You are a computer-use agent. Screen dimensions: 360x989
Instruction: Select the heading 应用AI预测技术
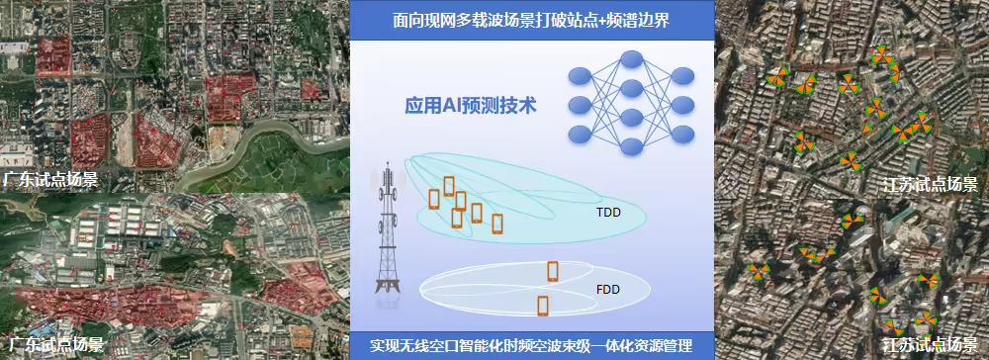471,106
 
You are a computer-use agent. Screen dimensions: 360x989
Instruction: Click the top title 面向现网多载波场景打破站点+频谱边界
532,20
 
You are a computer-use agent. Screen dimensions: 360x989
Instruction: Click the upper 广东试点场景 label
50,180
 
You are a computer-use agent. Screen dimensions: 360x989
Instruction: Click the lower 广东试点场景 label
52,345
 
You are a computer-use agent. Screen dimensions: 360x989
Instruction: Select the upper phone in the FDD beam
552,270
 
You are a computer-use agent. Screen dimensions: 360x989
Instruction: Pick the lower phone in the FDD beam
543,305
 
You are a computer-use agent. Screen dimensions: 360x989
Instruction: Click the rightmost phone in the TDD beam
497,224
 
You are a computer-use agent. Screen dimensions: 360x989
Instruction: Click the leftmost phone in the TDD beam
434,198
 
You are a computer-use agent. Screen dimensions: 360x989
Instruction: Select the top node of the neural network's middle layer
628,60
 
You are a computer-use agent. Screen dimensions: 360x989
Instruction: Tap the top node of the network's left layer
580,75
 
